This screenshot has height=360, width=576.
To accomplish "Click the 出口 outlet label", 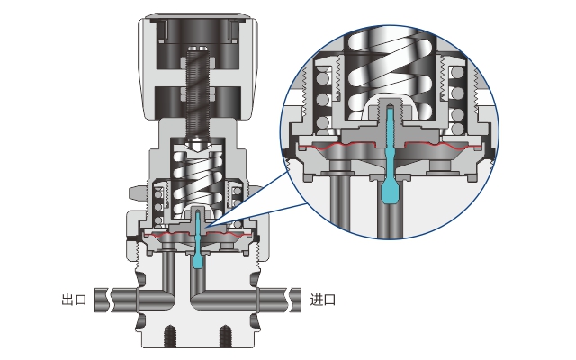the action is point(74,300).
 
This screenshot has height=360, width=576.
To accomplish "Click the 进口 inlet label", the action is point(323,300).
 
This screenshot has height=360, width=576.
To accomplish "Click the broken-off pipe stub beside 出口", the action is point(102,300).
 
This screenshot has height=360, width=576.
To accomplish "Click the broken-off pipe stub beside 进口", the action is point(295,300).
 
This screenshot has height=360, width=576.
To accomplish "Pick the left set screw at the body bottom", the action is point(169,336).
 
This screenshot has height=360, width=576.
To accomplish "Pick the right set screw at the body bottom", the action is point(225,336).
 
